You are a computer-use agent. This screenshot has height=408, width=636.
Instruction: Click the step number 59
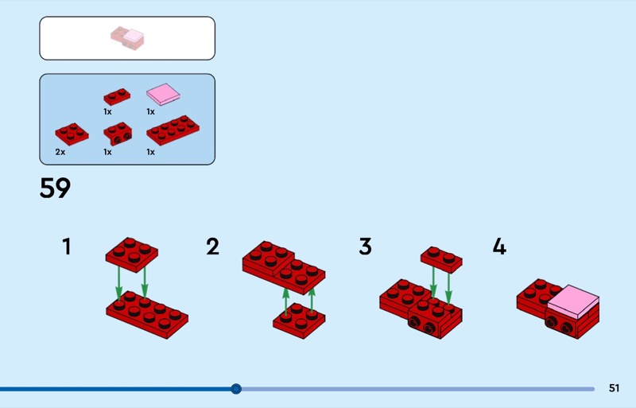click(x=55, y=188)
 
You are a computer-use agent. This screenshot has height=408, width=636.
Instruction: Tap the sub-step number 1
click(x=67, y=247)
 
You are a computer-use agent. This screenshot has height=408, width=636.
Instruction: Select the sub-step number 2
click(x=212, y=247)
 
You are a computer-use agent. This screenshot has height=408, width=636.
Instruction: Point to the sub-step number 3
click(x=365, y=247)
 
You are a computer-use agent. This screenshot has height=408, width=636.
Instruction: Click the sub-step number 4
click(x=499, y=247)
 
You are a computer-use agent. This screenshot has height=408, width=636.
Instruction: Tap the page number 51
click(x=614, y=388)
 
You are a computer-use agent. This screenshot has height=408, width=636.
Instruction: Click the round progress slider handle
click(x=236, y=389)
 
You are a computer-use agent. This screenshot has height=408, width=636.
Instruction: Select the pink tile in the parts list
click(x=163, y=94)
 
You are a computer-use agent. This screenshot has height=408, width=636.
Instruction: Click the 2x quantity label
click(x=60, y=152)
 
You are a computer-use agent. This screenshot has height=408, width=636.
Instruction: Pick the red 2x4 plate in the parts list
click(x=173, y=130)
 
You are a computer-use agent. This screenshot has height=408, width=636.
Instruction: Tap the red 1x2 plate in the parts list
click(x=117, y=96)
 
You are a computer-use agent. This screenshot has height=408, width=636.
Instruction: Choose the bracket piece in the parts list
click(x=118, y=133)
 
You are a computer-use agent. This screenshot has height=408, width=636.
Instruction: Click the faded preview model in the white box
click(x=127, y=38)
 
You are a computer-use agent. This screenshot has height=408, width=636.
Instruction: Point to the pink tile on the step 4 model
click(x=572, y=301)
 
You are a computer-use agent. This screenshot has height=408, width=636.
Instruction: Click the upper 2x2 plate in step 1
click(x=132, y=255)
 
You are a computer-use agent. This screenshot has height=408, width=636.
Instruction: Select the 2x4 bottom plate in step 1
click(x=147, y=315)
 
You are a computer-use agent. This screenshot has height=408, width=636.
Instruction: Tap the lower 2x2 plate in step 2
click(x=299, y=321)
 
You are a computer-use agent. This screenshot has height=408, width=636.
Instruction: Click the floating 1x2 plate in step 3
click(x=441, y=259)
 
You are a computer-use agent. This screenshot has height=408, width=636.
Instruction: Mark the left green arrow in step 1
click(x=118, y=283)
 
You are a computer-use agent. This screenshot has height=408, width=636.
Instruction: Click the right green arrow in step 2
click(x=312, y=301)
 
